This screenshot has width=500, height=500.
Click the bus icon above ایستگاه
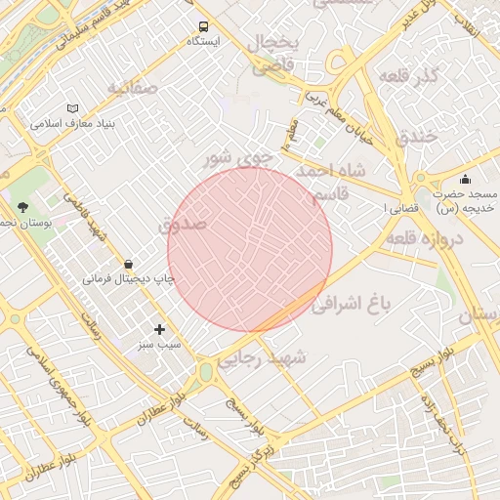[x=203, y=27]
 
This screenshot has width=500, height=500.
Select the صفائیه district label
[x=132, y=89]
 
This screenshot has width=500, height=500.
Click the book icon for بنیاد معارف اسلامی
[x=72, y=108]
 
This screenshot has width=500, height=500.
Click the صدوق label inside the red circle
[x=183, y=224]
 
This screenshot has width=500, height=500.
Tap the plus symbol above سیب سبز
[x=159, y=329]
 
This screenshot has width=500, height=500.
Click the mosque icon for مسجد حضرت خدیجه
[x=465, y=179]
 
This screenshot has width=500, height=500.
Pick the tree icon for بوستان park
[x=22, y=207]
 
